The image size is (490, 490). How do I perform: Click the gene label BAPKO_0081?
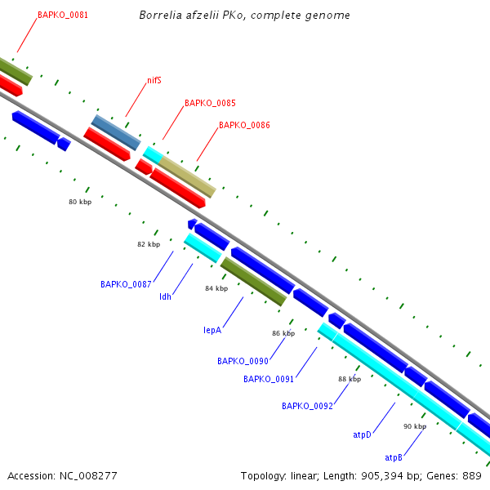pos(63,16)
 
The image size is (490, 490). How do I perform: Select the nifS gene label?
pos(154,80)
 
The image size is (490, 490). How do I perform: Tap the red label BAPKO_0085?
pos(210,104)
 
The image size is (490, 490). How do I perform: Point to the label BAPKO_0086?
pos(244,126)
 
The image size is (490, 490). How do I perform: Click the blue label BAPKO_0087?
pos(126,284)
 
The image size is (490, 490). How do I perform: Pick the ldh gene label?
pos(165,296)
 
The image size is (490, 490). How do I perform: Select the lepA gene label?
pos(212,330)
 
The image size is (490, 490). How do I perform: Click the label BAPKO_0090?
pos(243,361)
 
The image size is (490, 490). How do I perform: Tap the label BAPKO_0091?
pos(269,379)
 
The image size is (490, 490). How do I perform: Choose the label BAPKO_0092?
pos(307,406)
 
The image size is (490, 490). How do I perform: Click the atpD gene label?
pos(363,435)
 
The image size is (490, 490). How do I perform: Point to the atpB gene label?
pos(394,457)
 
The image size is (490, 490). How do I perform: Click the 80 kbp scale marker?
pos(80,202)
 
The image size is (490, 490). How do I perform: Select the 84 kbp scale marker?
pos(216,289)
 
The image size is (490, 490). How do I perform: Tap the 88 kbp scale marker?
pos(350,379)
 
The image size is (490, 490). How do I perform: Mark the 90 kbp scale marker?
pos(415,426)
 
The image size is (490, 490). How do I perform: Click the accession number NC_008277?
pos(62,475)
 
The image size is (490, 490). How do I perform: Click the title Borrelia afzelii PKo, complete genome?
pos(245,16)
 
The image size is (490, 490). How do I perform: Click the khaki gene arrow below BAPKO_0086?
pos(188,177)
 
